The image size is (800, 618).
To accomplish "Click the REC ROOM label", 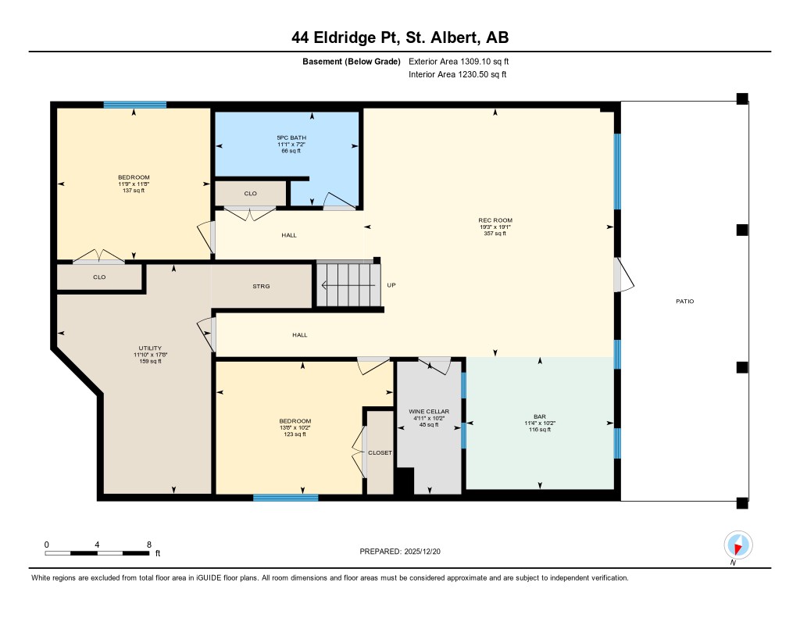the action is pos(495,220).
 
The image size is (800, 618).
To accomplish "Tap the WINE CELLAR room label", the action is pos(429,411).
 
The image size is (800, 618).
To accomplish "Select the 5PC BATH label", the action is pos(291,138).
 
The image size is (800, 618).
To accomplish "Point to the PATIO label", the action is pos(684,301).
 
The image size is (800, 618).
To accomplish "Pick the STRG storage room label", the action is pos(261,286).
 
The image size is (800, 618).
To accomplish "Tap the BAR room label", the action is pos(540,416).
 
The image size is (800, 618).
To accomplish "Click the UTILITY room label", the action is pos(150,348).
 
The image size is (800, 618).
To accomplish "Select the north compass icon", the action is pos(737,545).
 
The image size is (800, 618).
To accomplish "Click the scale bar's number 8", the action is pos(149,545).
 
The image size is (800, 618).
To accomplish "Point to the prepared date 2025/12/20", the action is pos(422,551).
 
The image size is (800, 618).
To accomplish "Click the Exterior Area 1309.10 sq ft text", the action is pos(459,61).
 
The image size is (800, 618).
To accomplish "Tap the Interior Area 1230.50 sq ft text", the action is pos(458,74).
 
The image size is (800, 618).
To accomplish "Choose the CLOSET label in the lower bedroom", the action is pos(380,452).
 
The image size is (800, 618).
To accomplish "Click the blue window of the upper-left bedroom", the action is pos(134,105).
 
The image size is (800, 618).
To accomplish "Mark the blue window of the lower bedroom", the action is pos(286,498).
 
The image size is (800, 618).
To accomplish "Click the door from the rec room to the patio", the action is pos(623,275).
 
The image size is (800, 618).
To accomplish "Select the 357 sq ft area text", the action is pos(495,234).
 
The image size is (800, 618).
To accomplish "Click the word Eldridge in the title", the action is pos(345,38).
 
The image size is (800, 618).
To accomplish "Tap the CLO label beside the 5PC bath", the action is pos(251,194).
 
